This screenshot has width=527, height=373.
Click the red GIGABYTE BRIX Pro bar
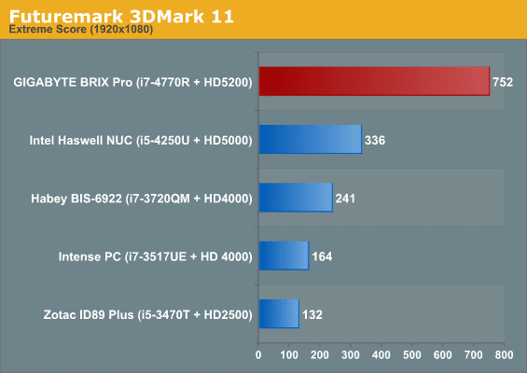click(x=374, y=81)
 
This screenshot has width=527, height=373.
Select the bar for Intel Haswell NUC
click(x=311, y=140)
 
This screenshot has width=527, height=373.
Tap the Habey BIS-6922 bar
click(x=296, y=198)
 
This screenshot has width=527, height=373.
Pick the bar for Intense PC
click(x=284, y=256)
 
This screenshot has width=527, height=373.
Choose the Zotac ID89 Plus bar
click(x=279, y=314)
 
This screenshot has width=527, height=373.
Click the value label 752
click(x=503, y=82)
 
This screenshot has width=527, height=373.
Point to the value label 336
click(x=375, y=140)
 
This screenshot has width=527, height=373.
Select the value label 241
click(x=345, y=199)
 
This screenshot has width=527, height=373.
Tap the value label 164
click(x=322, y=256)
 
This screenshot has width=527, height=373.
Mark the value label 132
click(x=312, y=315)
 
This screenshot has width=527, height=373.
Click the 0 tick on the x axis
click(x=258, y=355)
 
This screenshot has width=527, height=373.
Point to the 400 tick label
click(x=381, y=355)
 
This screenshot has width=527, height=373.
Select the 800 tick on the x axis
click(x=504, y=355)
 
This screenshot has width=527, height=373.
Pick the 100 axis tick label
click(x=289, y=355)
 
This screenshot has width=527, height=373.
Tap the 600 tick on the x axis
click(x=443, y=355)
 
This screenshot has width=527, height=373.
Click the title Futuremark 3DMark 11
click(x=121, y=16)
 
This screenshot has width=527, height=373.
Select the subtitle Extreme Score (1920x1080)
click(x=81, y=30)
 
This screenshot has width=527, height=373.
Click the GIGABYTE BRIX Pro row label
click(x=132, y=82)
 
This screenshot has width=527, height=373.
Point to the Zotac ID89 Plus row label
click(x=148, y=315)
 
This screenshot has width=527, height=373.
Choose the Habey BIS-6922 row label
click(x=142, y=199)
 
